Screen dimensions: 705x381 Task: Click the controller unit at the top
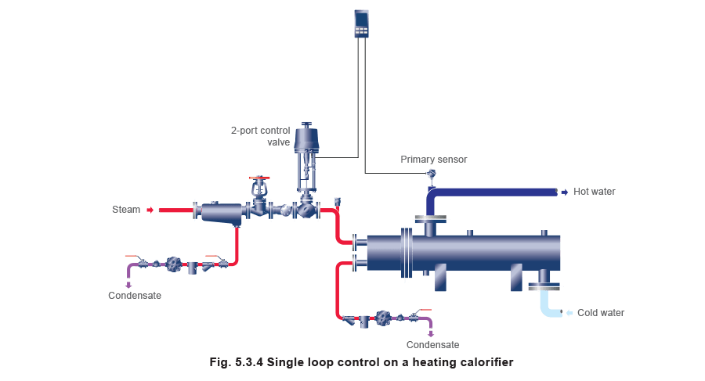(x=361, y=23)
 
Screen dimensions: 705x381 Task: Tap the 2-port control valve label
(x=261, y=136)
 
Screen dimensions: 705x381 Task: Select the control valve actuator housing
(x=306, y=138)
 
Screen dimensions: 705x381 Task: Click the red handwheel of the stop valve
(x=259, y=178)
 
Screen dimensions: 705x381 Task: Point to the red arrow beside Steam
(x=150, y=210)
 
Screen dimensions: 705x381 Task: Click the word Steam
(x=126, y=210)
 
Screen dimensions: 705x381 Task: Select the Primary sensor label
(x=433, y=160)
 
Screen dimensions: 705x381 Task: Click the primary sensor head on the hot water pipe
(x=431, y=174)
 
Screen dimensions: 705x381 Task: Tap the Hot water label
(x=594, y=192)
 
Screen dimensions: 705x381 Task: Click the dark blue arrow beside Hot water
(x=565, y=192)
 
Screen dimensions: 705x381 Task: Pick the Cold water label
(x=601, y=313)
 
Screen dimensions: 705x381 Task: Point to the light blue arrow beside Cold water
(x=569, y=313)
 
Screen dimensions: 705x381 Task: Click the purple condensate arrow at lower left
(x=128, y=285)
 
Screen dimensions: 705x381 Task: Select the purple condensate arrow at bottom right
(x=431, y=334)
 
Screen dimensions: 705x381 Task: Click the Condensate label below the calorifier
(x=432, y=344)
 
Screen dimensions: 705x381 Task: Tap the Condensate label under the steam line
(x=135, y=296)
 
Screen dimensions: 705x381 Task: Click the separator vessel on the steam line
(x=222, y=213)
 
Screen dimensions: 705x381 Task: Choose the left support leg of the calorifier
(x=440, y=277)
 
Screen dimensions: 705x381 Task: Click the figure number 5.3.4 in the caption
(x=248, y=362)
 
